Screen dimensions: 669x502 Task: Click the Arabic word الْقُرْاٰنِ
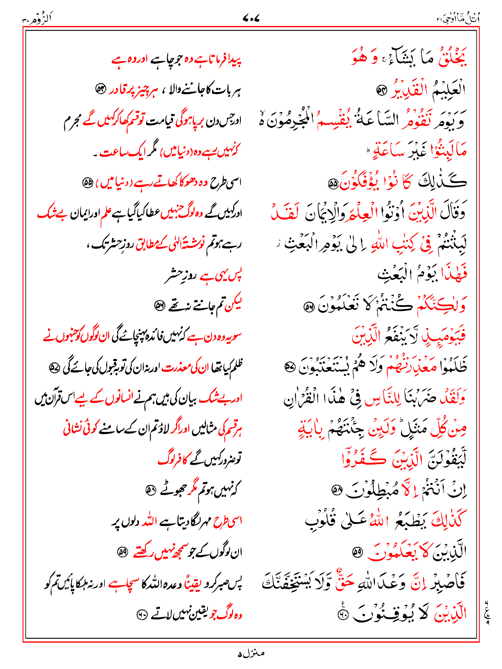point(302,398)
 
